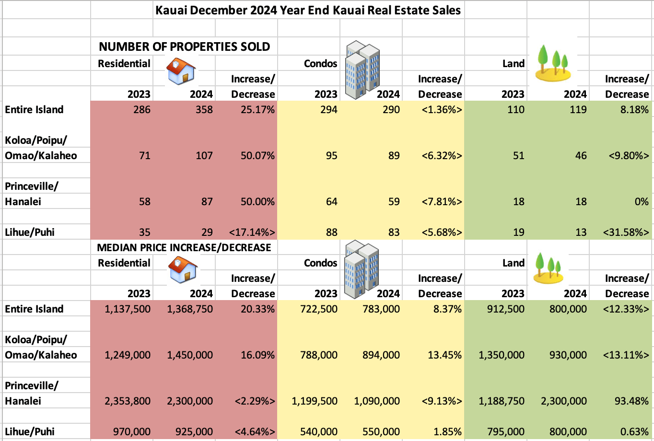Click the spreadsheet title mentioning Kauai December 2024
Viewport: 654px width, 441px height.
coord(308,10)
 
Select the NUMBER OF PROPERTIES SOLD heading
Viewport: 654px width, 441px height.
coord(184,46)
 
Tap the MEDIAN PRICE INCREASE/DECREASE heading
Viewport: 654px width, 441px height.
coord(184,247)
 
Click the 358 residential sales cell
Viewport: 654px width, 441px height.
coord(201,110)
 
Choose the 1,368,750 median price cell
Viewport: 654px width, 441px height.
coord(190,309)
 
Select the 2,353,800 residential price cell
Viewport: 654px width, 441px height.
coord(128,401)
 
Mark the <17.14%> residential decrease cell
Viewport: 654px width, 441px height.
coord(252,232)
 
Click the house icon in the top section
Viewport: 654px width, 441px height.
coord(181,71)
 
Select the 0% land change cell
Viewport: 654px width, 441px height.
coord(642,202)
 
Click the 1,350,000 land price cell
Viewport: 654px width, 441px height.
coord(502,355)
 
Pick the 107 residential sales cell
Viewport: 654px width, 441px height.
coord(204,156)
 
